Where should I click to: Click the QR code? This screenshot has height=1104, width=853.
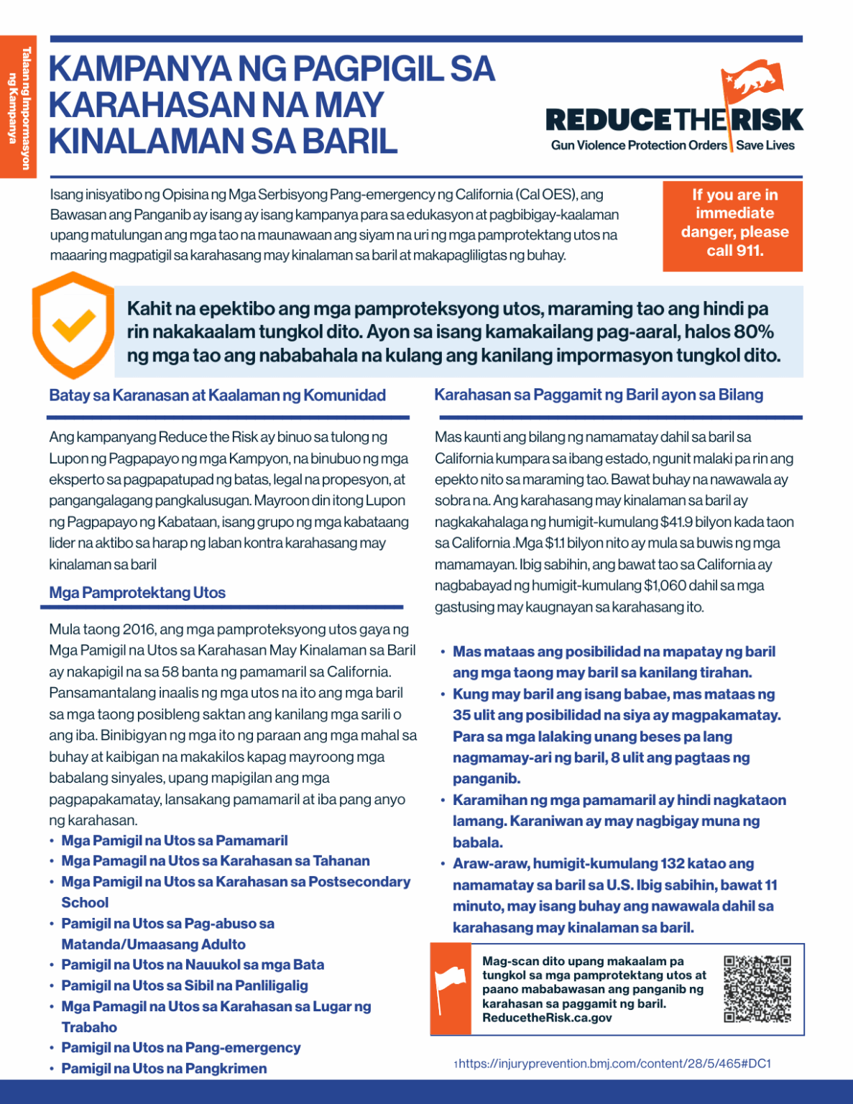pos(757,988)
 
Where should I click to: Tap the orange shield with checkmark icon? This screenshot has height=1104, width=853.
pos(73,325)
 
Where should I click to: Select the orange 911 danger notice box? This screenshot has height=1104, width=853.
pos(732,224)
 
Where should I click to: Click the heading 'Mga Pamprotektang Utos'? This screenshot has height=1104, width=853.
pos(137,593)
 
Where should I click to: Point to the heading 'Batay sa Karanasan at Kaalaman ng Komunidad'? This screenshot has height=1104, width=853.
pos(217,395)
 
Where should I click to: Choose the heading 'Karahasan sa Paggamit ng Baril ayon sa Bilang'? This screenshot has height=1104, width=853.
pos(599,395)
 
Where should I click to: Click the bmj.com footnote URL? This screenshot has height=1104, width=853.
pos(614,1063)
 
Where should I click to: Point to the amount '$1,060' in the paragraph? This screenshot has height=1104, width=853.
pos(665,586)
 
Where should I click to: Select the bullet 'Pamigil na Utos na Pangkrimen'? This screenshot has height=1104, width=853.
pos(164,1069)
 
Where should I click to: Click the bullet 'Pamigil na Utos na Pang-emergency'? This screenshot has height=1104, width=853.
pos(180,1048)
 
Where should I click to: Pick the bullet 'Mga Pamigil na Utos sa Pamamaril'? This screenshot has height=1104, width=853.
pos(174,841)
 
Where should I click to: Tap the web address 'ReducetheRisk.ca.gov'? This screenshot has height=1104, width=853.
pos(547,1018)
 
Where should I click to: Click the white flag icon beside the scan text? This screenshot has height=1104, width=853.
pos(451,989)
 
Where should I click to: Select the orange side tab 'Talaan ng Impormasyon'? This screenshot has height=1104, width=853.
pos(18,108)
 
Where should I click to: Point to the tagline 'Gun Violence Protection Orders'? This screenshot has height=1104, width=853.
pos(639,145)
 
